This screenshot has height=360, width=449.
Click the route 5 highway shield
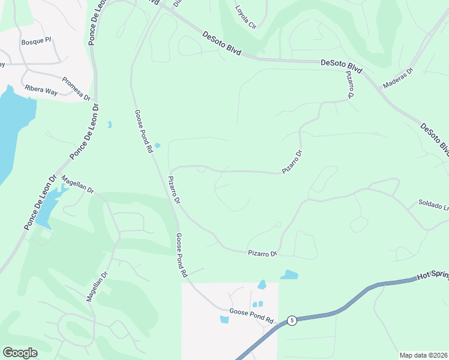pyautogui.click(x=291, y=320)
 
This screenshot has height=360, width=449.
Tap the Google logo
pyautogui.click(x=20, y=353)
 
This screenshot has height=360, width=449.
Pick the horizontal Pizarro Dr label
pyautogui.click(x=262, y=254)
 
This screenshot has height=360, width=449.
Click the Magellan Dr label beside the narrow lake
pyautogui.click(x=78, y=185)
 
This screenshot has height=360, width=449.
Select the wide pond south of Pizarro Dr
pyautogui.click(x=289, y=275)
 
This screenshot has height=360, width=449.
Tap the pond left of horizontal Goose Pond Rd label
pyautogui.click(x=224, y=319)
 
